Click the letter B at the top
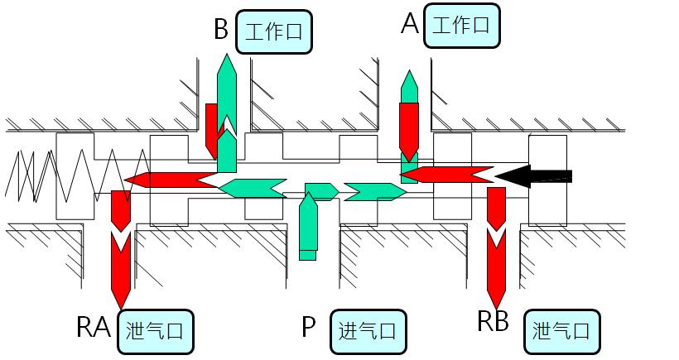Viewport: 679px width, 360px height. point(220,30)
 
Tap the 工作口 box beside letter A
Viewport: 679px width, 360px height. point(461,25)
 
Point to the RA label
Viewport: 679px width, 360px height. point(94,329)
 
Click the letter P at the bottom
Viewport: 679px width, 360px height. point(308,329)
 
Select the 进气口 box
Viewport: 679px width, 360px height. point(368,332)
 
